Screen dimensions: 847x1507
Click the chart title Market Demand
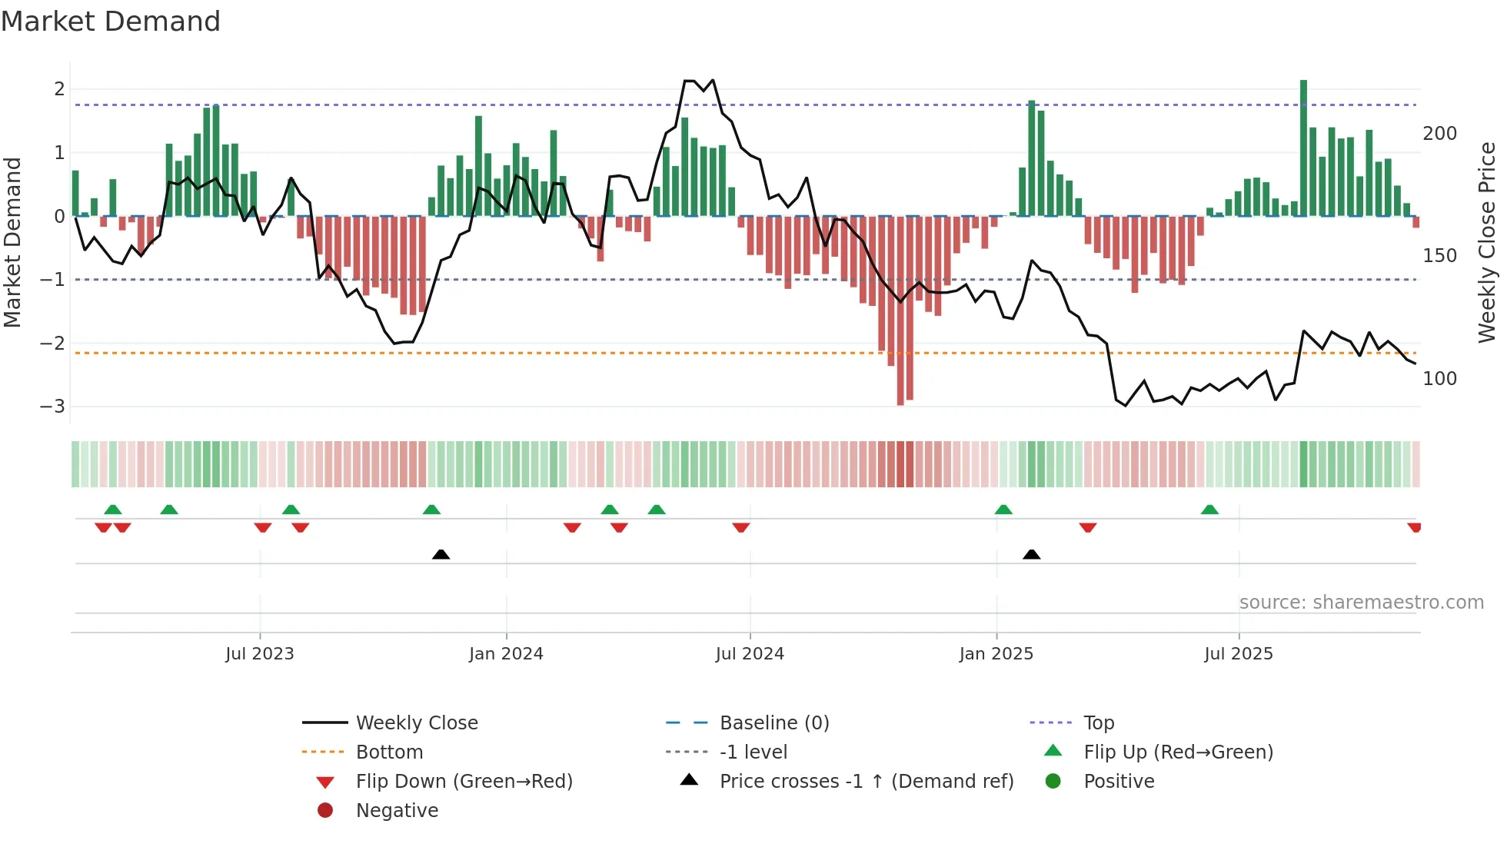click(111, 22)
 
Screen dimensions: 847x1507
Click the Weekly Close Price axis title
click(1487, 242)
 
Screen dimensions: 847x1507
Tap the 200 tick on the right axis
click(1439, 134)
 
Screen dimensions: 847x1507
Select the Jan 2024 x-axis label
click(506, 654)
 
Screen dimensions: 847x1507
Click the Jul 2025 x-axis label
click(1238, 654)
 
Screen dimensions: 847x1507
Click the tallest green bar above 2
click(1303, 146)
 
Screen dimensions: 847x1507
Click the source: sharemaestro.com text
click(1361, 603)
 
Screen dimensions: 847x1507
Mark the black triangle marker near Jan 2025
click(1032, 554)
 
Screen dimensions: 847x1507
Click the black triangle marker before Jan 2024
click(441, 554)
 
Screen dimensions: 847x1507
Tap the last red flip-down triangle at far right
click(1414, 527)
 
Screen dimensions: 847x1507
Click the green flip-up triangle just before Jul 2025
click(1209, 510)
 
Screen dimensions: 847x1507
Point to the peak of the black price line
click(690, 81)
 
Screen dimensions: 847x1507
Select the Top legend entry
click(1098, 723)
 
